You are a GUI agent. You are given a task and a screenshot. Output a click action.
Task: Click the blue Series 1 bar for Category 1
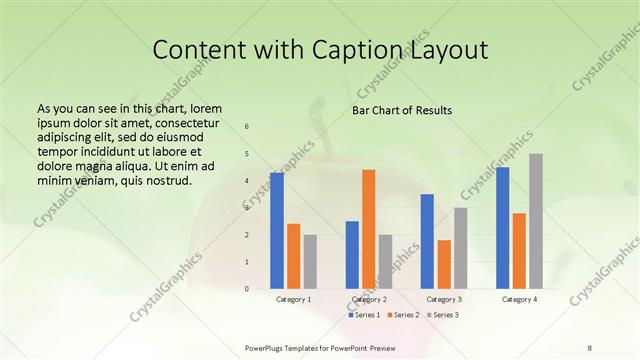pos(277,231)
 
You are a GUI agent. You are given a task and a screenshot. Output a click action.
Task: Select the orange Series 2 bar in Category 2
pos(369,229)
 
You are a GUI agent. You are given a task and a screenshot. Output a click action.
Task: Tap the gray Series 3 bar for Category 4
pos(536,221)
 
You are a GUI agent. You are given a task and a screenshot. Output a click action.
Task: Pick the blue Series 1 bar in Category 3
pos(427,241)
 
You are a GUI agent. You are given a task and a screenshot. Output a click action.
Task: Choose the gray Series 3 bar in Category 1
pos(310,262)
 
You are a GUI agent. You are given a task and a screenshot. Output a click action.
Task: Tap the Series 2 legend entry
pos(403,315)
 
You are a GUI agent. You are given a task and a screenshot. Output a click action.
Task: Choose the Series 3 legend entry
pos(441,315)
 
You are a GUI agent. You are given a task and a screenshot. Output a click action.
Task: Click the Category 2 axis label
pos(369,299)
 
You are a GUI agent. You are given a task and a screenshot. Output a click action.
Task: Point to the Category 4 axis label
pos(519,299)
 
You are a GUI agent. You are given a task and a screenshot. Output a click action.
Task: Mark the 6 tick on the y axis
pos(247,127)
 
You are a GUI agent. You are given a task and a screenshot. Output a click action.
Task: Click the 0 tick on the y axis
pos(247,289)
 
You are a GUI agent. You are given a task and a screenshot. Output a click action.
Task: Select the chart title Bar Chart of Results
pos(402,110)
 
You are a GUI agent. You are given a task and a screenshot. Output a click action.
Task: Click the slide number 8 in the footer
pos(590,347)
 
